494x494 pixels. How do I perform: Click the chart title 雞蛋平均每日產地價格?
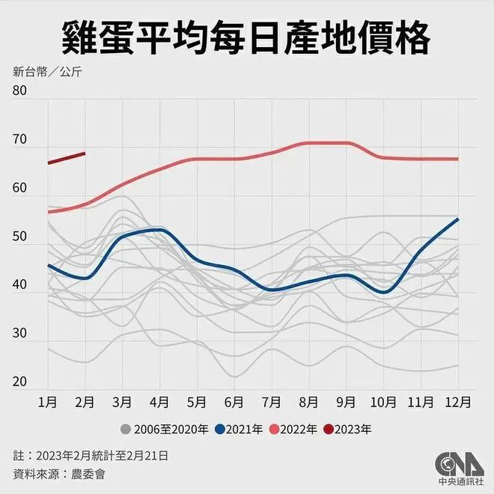[247, 35]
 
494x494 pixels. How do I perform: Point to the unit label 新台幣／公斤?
[47, 73]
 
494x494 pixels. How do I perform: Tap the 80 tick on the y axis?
[20, 91]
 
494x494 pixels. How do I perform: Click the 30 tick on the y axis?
[20, 335]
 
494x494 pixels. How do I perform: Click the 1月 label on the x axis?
[48, 402]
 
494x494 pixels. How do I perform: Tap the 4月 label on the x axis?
[159, 402]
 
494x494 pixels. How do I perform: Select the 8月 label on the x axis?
[308, 402]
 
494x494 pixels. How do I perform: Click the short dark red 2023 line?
[67, 158]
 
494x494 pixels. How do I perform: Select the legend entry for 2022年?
[296, 430]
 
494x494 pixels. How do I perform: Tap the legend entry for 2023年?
[351, 430]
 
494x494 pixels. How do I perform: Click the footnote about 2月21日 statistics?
[90, 454]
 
